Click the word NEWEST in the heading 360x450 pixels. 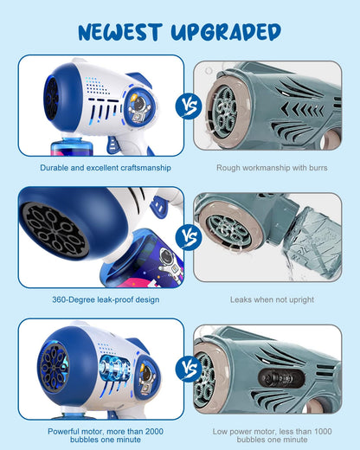click(x=119, y=32)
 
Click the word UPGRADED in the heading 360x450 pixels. click(x=226, y=32)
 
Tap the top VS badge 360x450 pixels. click(x=189, y=106)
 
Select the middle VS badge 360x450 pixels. click(x=189, y=236)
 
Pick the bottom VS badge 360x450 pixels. click(x=189, y=369)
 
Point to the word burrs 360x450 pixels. click(x=318, y=168)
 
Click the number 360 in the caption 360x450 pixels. click(x=59, y=299)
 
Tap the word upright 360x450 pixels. click(x=299, y=300)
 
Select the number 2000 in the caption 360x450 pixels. click(x=154, y=432)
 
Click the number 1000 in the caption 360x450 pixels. click(x=323, y=432)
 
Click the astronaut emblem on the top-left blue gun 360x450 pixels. click(x=140, y=107)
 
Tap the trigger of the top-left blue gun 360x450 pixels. click(x=112, y=145)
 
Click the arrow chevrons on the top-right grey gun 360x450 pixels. click(x=302, y=110)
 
